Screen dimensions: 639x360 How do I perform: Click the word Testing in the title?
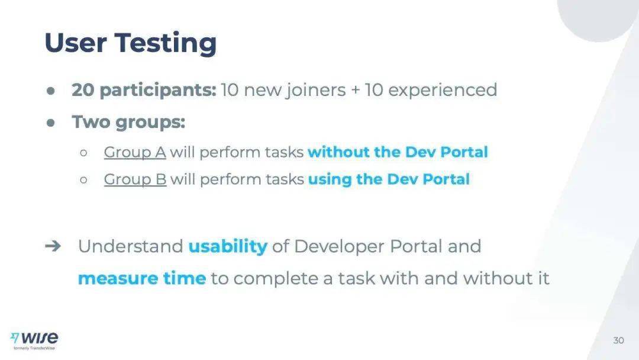tap(166, 43)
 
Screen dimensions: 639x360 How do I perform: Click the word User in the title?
tap(76, 43)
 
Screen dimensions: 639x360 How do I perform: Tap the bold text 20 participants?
tap(144, 90)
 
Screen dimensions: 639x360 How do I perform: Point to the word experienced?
tap(443, 90)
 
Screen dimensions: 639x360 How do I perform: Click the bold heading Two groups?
tap(128, 122)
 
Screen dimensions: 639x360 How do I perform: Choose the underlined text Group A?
tap(135, 153)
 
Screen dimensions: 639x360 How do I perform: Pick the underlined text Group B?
tap(135, 179)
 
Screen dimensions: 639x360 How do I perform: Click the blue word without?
tap(338, 152)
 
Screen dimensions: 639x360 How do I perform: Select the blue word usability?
tap(228, 246)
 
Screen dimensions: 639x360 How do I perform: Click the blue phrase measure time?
tap(142, 278)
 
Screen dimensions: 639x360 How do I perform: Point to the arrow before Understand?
tap(53, 246)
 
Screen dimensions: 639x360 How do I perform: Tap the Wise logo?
tap(34, 340)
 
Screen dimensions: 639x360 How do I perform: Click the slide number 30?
tap(618, 340)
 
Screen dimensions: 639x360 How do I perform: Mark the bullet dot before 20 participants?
tap(50, 91)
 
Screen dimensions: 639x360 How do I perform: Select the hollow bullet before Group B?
tap(83, 180)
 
